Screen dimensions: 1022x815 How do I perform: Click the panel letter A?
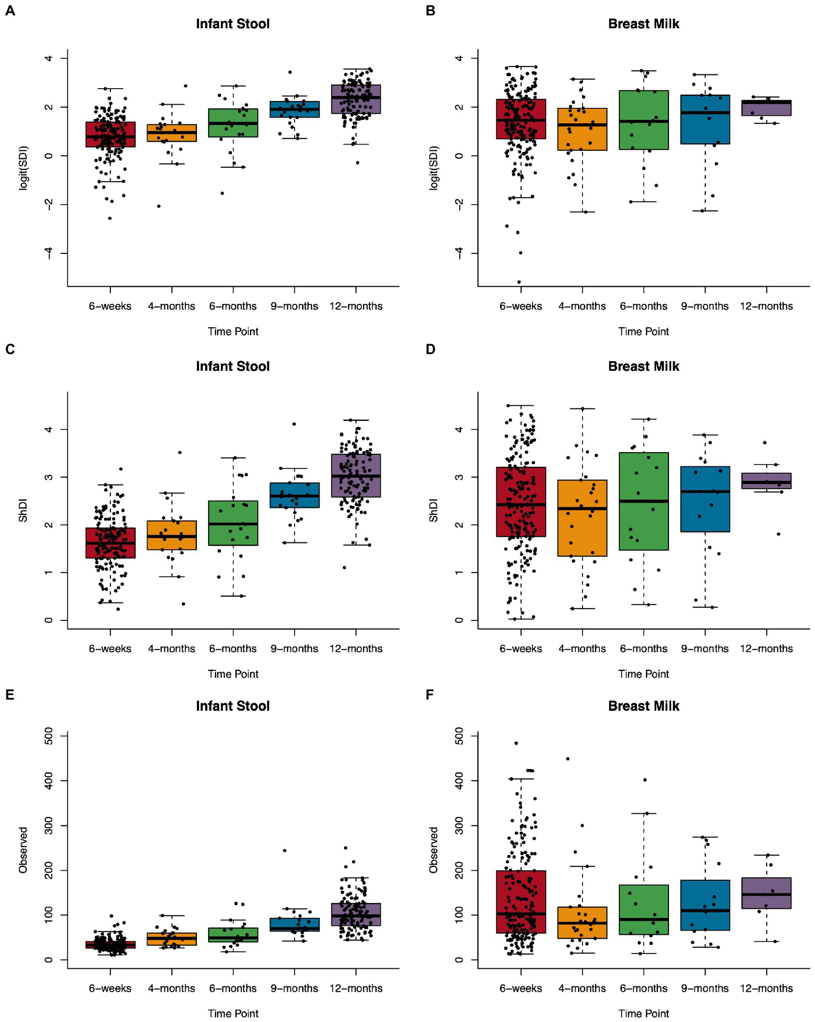[10, 11]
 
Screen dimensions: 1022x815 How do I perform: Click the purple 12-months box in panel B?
[766, 108]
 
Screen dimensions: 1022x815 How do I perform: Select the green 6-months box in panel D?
[644, 501]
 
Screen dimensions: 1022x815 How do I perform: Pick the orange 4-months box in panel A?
[171, 133]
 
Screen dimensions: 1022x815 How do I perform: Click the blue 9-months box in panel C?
[294, 495]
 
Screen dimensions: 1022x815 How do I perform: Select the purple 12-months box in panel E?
[356, 914]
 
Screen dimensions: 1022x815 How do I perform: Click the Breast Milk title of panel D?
[644, 367]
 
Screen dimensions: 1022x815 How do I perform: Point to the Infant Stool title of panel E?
[233, 706]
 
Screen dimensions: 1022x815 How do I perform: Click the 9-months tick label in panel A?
[294, 306]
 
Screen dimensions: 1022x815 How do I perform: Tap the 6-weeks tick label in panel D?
[520, 649]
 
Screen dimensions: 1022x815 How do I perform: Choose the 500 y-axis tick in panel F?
[460, 736]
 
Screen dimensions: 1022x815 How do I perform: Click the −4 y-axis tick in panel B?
[460, 253]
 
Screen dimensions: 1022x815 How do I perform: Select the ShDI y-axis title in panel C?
[23, 510]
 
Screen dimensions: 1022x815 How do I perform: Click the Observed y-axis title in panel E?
[23, 850]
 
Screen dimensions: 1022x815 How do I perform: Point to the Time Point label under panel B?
[644, 331]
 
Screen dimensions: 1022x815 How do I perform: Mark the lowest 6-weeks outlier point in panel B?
[519, 282]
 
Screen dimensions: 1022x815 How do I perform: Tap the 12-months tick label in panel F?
[766, 989]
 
